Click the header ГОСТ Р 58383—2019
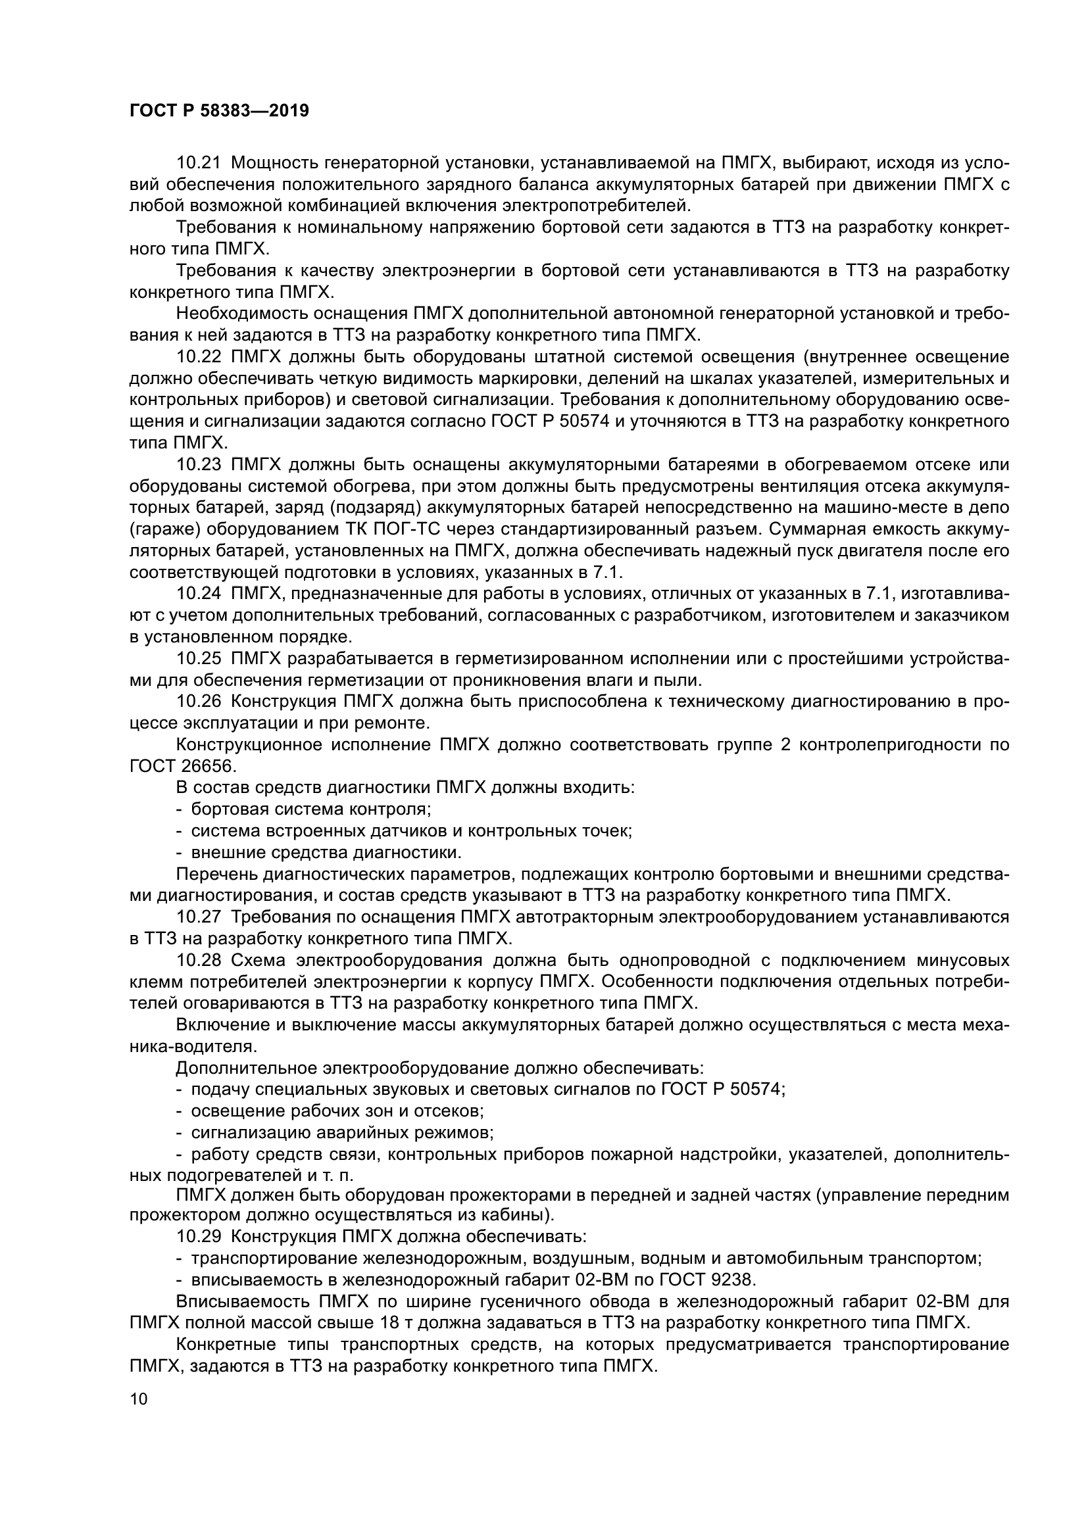point(219,111)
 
